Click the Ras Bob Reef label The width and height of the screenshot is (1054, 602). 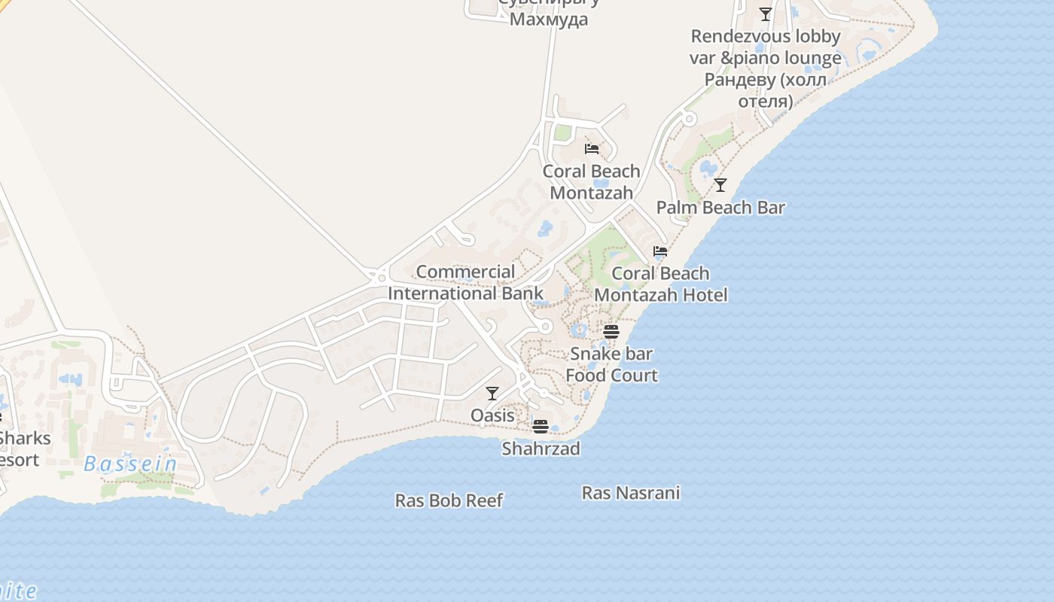click(x=449, y=500)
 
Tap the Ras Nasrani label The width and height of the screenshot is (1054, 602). click(x=631, y=493)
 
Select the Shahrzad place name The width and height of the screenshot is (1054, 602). click(x=541, y=449)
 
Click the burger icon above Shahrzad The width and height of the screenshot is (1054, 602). click(x=540, y=427)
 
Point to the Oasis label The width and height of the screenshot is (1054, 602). click(x=492, y=415)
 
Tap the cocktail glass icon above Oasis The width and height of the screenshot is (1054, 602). click(x=492, y=393)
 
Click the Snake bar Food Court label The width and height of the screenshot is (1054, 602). click(x=611, y=364)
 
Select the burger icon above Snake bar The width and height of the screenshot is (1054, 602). click(x=611, y=331)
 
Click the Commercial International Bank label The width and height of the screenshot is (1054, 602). click(x=465, y=283)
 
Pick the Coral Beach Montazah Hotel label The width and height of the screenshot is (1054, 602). click(x=661, y=284)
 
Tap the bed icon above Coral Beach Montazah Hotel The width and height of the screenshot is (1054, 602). click(x=660, y=251)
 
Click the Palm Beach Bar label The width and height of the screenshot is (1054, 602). click(x=720, y=208)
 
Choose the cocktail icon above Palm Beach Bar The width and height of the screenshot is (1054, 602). click(x=720, y=184)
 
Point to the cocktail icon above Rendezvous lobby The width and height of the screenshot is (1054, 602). click(x=766, y=14)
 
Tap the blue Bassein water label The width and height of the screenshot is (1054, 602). click(x=130, y=464)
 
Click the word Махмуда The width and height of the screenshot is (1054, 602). click(x=549, y=19)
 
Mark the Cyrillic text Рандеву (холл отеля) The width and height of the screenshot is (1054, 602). click(x=765, y=90)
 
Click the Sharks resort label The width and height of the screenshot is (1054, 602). click(x=23, y=448)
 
